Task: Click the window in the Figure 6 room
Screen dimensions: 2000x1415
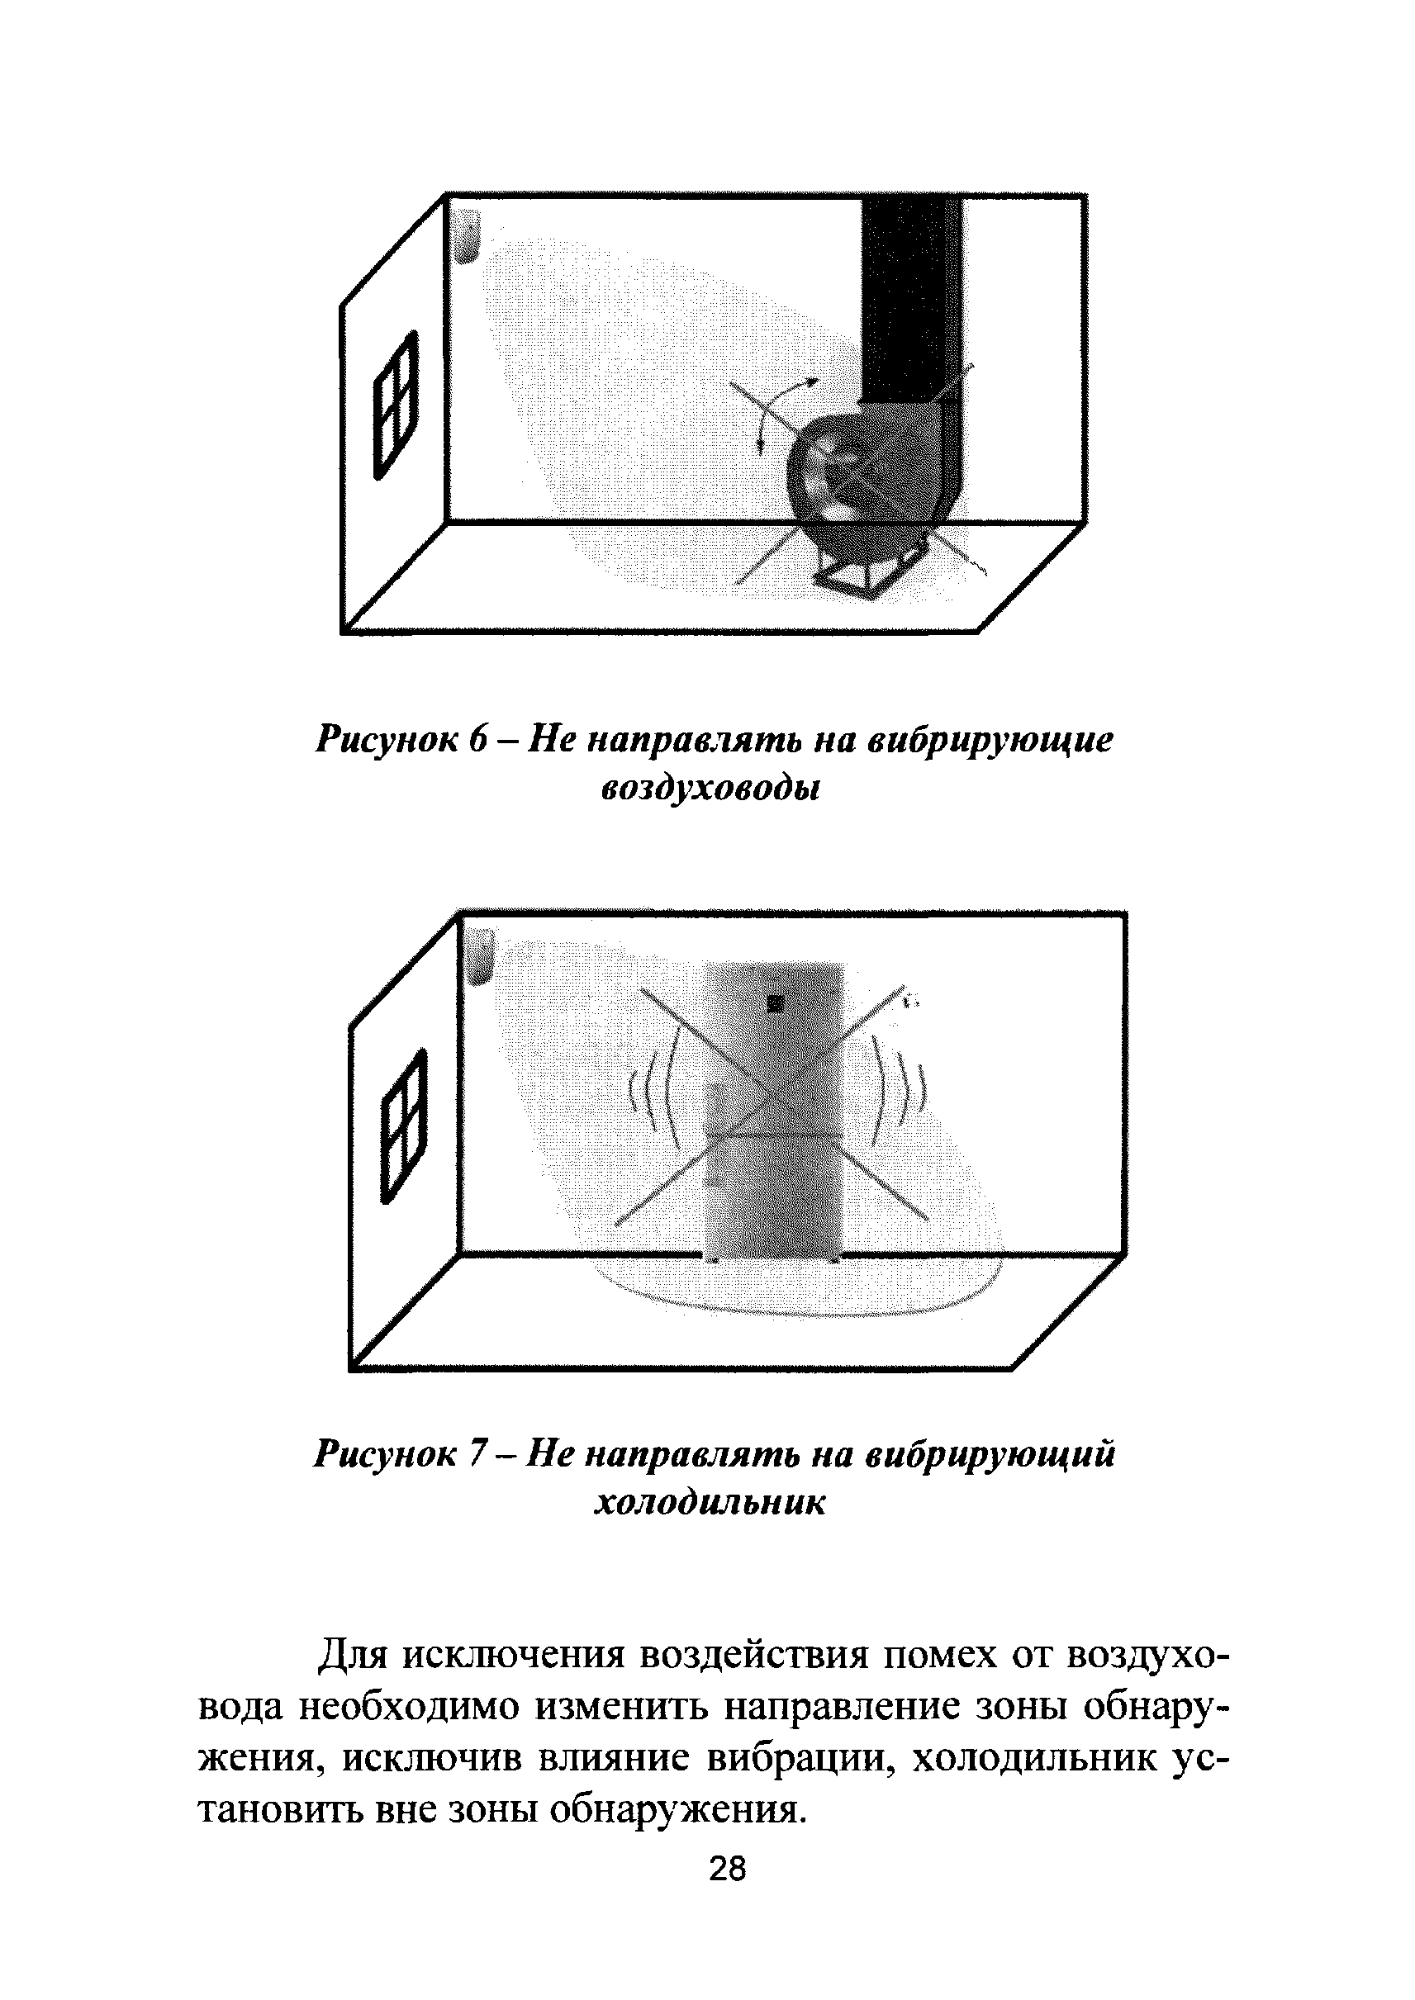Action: pos(396,405)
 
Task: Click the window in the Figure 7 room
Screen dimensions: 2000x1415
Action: pos(405,1125)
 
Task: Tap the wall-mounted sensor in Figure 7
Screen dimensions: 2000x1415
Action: pos(481,955)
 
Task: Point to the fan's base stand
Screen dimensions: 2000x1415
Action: pos(858,576)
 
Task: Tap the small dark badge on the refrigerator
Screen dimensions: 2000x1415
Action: pos(775,1003)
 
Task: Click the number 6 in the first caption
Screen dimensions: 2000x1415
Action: pos(480,741)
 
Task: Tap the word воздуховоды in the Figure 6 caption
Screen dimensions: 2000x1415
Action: pos(711,789)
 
